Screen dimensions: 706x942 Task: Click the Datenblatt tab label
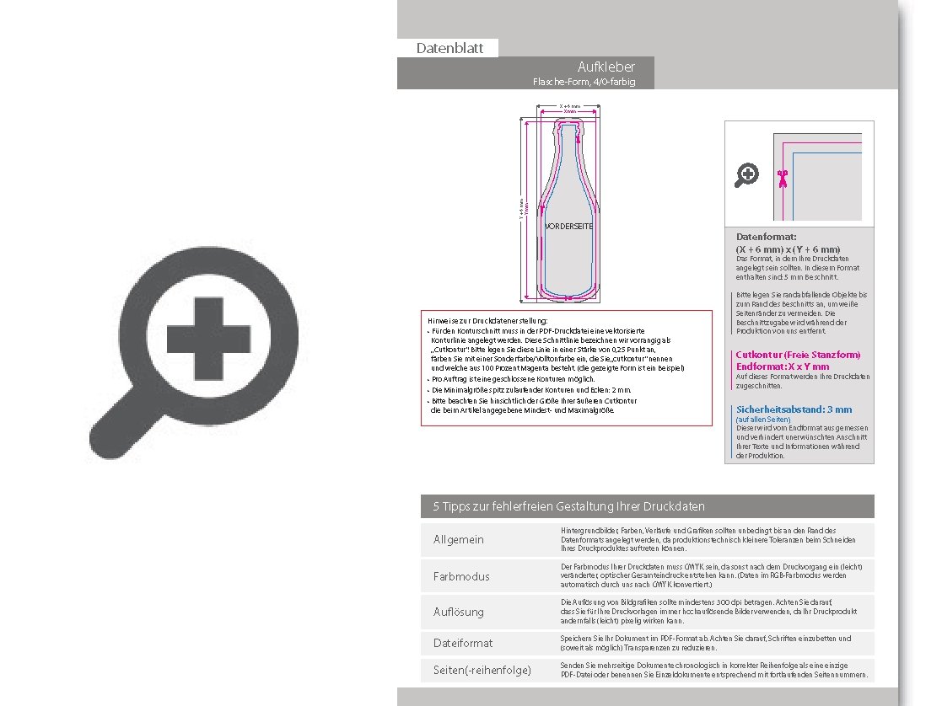(449, 48)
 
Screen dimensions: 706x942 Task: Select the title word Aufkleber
(606, 67)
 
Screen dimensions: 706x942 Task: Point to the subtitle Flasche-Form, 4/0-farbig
(583, 82)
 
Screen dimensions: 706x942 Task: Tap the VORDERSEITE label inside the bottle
(568, 227)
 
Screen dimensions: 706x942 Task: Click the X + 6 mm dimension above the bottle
(569, 106)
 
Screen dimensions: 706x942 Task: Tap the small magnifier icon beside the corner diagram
(747, 175)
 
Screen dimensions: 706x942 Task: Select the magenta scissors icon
(783, 178)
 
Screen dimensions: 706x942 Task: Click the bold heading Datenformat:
(766, 238)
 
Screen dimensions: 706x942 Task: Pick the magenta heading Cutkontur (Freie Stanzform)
(798, 355)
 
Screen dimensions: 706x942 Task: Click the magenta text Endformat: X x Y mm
(782, 366)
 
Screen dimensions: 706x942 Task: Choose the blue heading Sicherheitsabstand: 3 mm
(794, 409)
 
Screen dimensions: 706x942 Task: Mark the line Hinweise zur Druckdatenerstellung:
(487, 321)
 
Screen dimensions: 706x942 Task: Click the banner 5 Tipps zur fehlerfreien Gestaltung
(568, 506)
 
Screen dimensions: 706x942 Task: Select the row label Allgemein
(459, 539)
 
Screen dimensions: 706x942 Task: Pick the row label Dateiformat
(463, 643)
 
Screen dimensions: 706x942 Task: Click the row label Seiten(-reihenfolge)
(482, 670)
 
